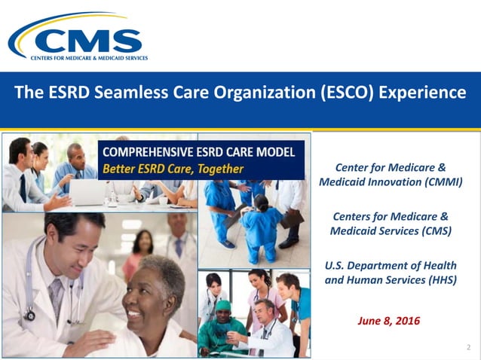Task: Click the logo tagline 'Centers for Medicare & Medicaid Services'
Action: pyautogui.click(x=88, y=57)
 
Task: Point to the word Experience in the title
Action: pyautogui.click(x=423, y=93)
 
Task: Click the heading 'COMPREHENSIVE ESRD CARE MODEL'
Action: pyautogui.click(x=198, y=152)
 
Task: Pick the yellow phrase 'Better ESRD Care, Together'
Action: pyautogui.click(x=173, y=169)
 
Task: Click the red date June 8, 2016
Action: pyautogui.click(x=388, y=322)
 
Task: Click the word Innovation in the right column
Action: pyautogui.click(x=385, y=182)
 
